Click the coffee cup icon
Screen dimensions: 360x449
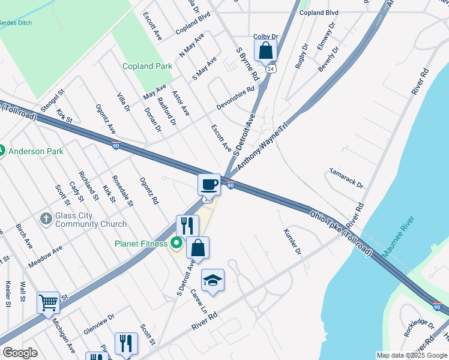(x=208, y=184)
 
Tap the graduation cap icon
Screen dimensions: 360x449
(x=212, y=280)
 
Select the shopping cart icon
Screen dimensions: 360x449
(x=48, y=302)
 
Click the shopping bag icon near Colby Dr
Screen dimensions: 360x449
(x=265, y=51)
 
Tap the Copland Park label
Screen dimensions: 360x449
(x=148, y=67)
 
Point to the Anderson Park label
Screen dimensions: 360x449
(x=36, y=151)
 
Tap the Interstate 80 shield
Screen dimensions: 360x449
(x=230, y=185)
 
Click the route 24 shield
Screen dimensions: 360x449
(x=271, y=70)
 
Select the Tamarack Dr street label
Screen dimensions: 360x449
(x=346, y=178)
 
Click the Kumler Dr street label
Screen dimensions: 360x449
(x=292, y=241)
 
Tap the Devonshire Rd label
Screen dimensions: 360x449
(x=235, y=96)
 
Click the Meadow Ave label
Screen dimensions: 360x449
(x=45, y=257)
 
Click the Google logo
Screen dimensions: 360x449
(x=20, y=353)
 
